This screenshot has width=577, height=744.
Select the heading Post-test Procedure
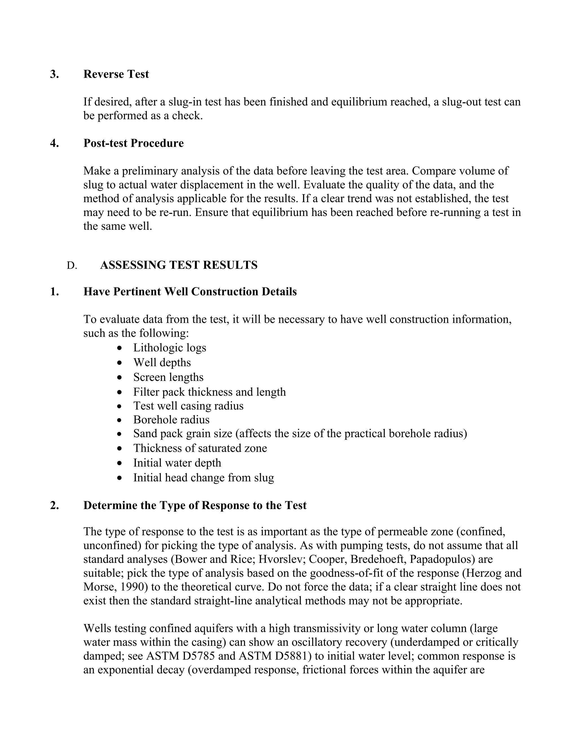tap(133, 143)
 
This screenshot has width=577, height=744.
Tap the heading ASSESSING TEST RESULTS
tap(179, 265)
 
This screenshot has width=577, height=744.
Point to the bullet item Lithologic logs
tap(169, 348)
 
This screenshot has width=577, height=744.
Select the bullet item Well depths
tap(162, 362)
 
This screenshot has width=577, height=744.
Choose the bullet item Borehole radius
tap(171, 420)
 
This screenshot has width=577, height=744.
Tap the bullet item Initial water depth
tap(177, 463)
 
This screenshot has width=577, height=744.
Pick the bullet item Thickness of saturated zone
tap(200, 448)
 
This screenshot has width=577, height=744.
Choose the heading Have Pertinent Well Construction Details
tap(190, 292)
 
